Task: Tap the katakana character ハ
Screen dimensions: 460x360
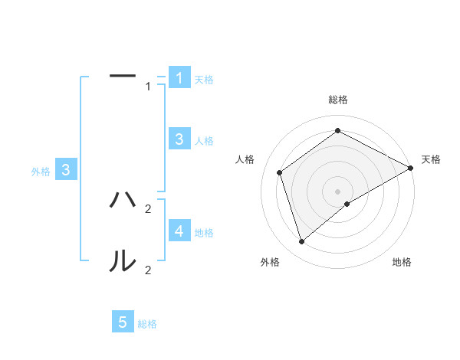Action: [123, 200]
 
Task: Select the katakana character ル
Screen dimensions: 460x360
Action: [123, 261]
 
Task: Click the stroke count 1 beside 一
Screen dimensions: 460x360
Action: [149, 87]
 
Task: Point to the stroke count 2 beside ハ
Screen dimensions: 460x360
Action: [148, 208]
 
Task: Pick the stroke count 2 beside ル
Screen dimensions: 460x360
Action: [148, 270]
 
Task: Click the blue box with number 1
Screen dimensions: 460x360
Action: [179, 77]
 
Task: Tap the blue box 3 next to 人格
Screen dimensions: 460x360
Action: [179, 139]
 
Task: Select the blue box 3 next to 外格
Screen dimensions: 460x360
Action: [66, 170]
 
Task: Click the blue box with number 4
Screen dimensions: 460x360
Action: [179, 231]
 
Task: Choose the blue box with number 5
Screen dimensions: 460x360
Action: [123, 322]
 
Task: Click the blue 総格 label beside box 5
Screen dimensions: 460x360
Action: [147, 324]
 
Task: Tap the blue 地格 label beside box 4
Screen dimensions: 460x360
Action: [204, 232]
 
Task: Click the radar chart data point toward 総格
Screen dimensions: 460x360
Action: [337, 131]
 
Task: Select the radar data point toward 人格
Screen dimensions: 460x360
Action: [280, 172]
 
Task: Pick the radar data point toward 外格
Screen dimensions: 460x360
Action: [302, 242]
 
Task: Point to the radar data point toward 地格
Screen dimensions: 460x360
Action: [347, 204]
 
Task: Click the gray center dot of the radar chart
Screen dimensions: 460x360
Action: [337, 191]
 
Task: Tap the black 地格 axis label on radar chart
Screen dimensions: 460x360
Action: [402, 262]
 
